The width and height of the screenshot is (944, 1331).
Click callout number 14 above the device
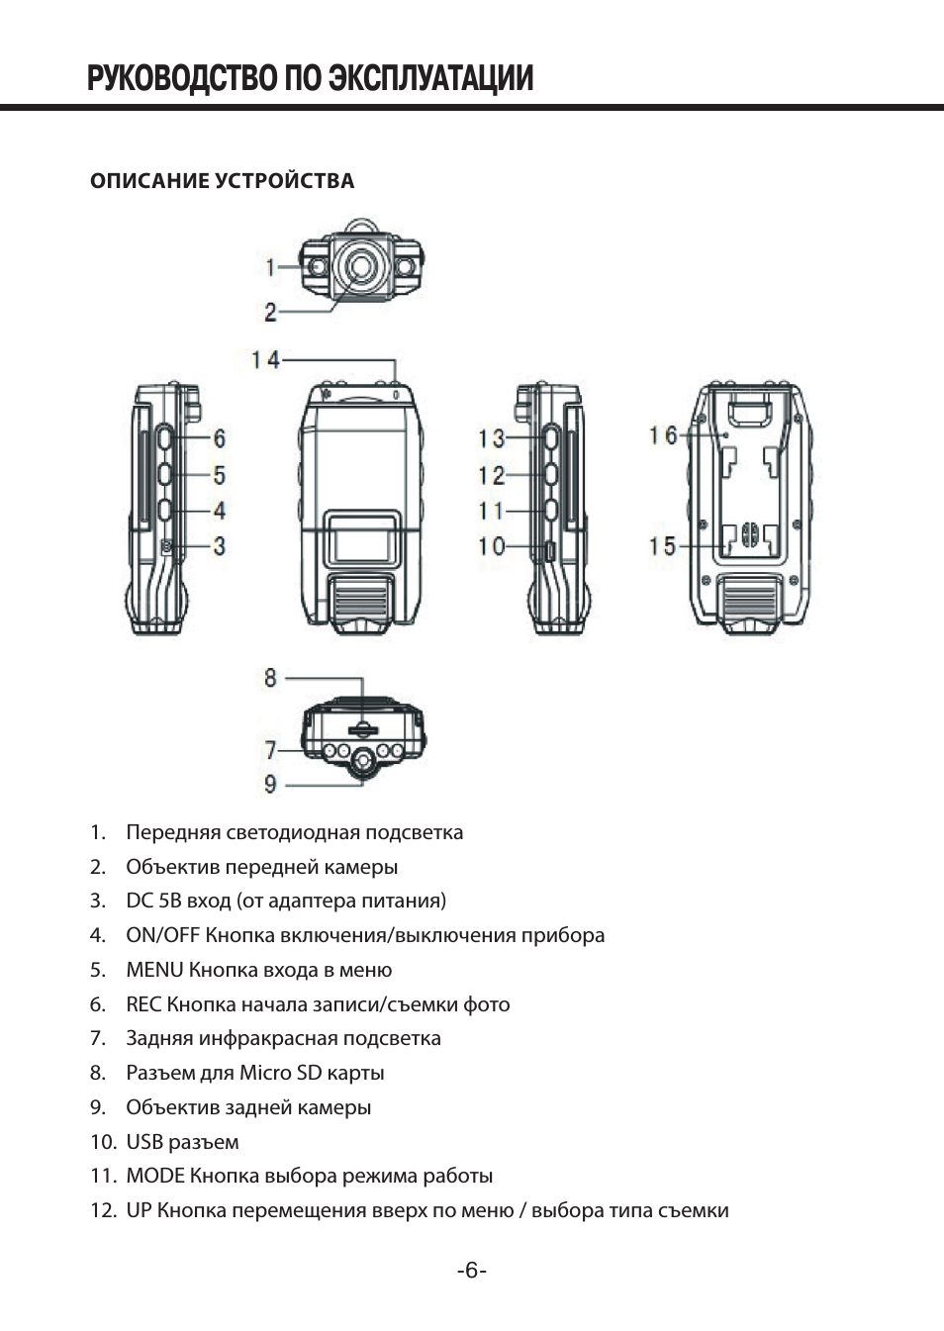coord(265,359)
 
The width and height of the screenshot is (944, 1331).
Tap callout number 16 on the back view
coord(663,435)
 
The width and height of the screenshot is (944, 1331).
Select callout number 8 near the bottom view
coord(270,678)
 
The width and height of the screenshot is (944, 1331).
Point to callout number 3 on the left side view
coord(220,546)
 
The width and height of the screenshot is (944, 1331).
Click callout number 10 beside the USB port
coord(492,546)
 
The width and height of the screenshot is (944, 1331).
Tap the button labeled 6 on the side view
coord(166,438)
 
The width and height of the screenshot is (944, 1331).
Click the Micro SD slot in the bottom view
coord(362,727)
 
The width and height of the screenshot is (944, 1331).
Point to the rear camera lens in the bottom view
coord(363,761)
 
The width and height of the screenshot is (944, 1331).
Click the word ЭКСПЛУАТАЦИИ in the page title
coord(430,78)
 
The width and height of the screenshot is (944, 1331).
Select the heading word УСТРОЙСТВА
coord(285,181)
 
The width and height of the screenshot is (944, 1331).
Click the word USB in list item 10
coord(144,1142)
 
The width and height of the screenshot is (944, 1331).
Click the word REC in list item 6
coord(143,1004)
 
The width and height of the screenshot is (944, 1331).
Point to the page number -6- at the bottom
coord(472,1271)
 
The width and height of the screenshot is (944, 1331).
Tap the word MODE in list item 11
coord(155,1176)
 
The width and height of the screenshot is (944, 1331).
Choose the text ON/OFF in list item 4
coord(163,935)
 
